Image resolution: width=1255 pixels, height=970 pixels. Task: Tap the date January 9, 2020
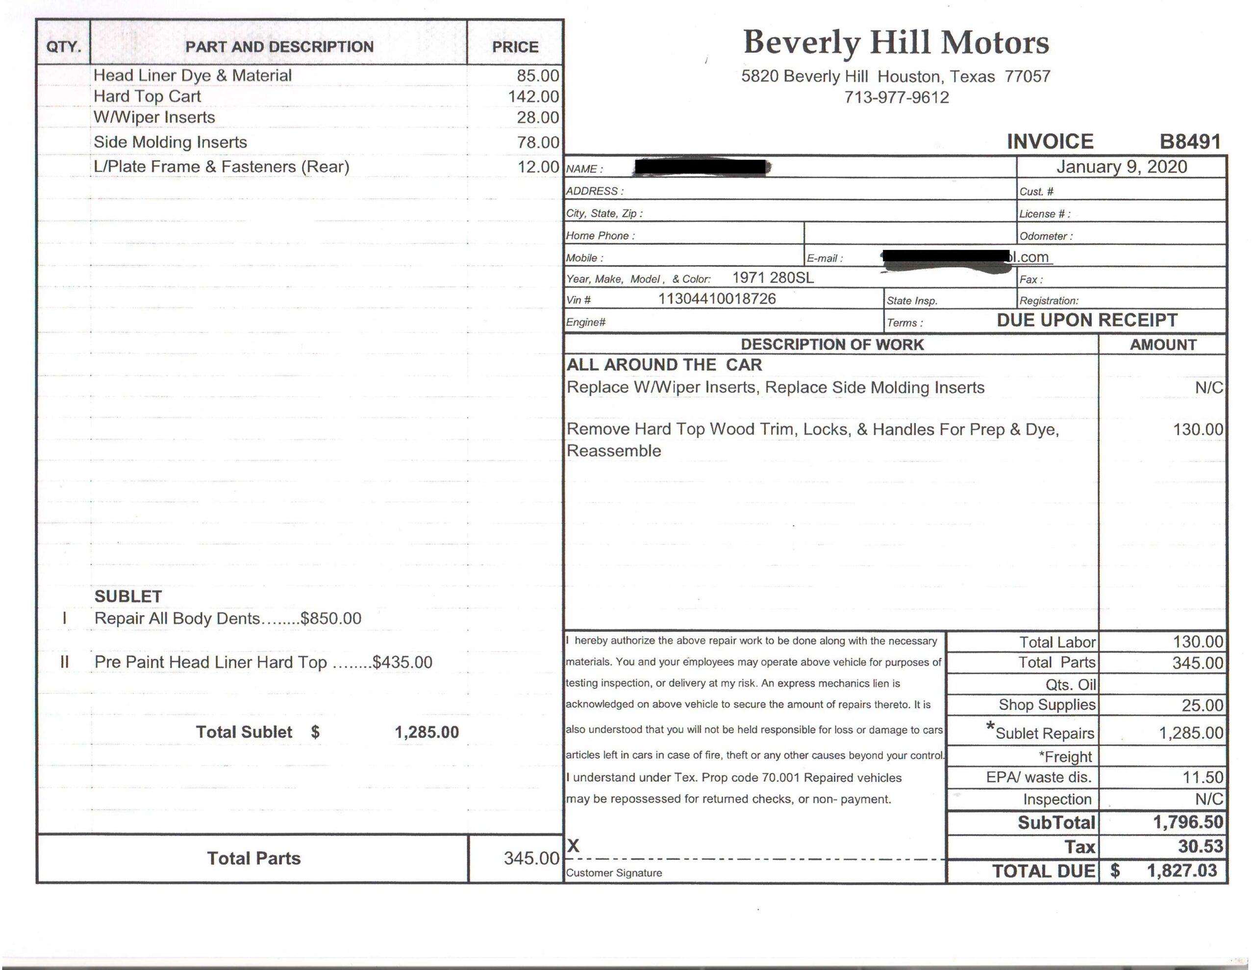[x=1121, y=167]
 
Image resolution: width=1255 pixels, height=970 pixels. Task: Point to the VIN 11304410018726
[x=717, y=299]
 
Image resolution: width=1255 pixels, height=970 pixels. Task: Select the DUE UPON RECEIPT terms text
[x=1087, y=320]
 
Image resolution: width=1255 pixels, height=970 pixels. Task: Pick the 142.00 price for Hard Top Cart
[x=533, y=97]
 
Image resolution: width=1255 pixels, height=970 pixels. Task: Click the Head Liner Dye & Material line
[x=193, y=76]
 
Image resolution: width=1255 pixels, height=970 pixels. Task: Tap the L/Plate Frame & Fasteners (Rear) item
[x=221, y=167]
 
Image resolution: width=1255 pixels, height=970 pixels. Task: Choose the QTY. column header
[x=63, y=47]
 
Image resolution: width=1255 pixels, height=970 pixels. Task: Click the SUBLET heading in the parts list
[x=127, y=597]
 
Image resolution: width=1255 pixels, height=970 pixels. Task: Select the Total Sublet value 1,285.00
[x=427, y=732]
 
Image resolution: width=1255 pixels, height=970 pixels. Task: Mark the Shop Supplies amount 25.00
[x=1202, y=705]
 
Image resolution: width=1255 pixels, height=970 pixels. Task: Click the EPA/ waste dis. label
[x=1038, y=777]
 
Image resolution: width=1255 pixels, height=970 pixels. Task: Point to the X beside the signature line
[x=573, y=846]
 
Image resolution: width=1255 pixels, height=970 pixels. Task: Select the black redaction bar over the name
[x=701, y=167]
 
